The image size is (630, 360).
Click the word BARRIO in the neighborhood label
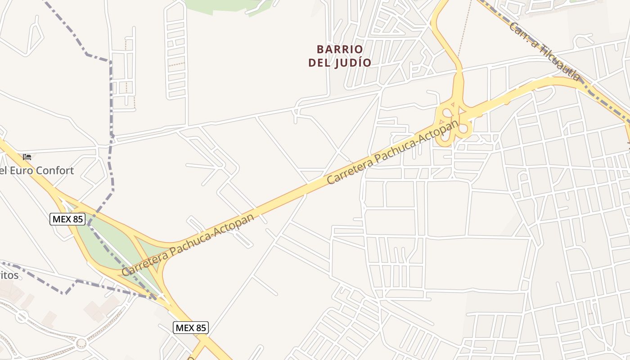tap(340, 49)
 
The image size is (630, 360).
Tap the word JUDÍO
tap(354, 63)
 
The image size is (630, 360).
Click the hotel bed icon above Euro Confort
tap(27, 157)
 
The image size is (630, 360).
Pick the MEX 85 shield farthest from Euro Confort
tap(191, 328)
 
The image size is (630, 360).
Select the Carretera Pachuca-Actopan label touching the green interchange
tap(188, 245)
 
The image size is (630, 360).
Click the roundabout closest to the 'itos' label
tap(22, 316)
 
